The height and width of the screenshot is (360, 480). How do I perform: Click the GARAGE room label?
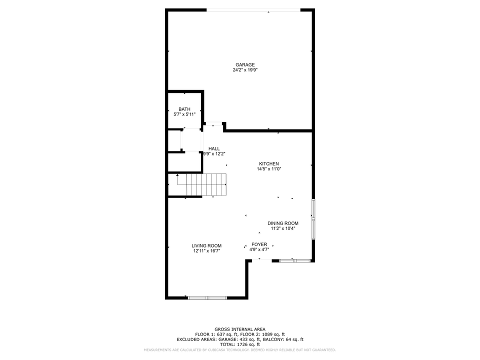(245, 64)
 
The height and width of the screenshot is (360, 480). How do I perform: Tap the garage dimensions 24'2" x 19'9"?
(245, 70)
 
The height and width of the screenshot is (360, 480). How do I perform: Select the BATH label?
(184, 109)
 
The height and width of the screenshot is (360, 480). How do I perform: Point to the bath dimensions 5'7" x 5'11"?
(184, 114)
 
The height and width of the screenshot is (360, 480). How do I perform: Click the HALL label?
(214, 148)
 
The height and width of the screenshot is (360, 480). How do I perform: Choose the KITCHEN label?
(269, 164)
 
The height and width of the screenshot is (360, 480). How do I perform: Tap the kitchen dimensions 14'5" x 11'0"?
(269, 169)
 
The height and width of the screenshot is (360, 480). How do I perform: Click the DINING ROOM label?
(283, 223)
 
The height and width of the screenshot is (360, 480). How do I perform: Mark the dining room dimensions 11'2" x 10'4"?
(283, 228)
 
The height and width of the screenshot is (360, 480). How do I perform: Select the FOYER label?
(259, 244)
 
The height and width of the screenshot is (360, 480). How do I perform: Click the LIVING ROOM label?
(206, 245)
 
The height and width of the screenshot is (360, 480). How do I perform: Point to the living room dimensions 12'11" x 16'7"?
(206, 251)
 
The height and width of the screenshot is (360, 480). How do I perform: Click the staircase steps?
(206, 184)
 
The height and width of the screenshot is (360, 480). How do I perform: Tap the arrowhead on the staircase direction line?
(177, 175)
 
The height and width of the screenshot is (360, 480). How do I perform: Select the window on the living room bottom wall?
(207, 297)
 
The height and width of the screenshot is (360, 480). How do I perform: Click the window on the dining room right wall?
(313, 219)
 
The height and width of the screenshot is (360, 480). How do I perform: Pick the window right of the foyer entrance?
(295, 261)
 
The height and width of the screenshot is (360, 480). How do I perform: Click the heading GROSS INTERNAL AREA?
(240, 329)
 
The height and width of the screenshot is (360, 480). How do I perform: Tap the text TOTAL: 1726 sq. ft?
(240, 344)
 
